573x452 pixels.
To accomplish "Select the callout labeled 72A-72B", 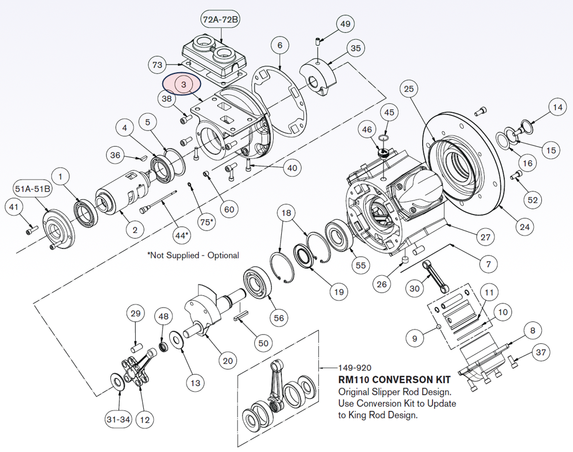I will (x=220, y=20).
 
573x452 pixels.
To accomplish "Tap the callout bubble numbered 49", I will (x=345, y=24).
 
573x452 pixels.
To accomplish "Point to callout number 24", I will (x=524, y=227).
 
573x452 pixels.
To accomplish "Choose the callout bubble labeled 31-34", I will (x=117, y=419).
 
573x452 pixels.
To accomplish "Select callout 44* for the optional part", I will (x=181, y=235).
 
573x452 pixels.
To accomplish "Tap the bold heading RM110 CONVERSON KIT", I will (x=394, y=380).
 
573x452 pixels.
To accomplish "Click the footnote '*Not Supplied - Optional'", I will (x=193, y=255).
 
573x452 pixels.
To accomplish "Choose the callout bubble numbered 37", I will (x=540, y=352).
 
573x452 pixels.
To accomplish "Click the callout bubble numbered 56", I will (x=278, y=317).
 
